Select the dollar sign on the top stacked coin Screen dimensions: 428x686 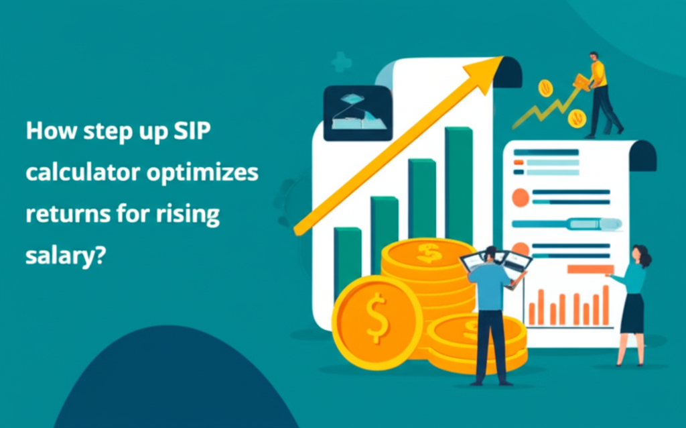(x=429, y=252)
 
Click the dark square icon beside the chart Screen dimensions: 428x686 (x=357, y=113)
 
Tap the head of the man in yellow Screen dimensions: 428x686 (x=594, y=56)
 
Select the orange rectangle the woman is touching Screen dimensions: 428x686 (x=590, y=270)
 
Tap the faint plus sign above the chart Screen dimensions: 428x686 (x=342, y=63)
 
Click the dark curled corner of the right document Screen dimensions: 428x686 (x=642, y=155)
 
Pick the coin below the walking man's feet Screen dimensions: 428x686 (x=576, y=119)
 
